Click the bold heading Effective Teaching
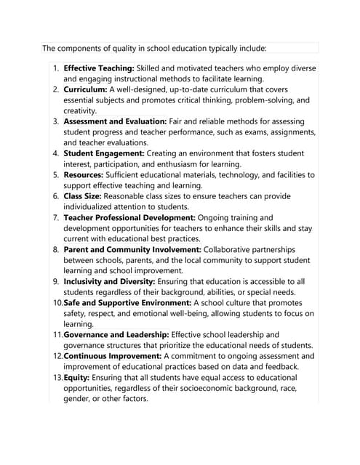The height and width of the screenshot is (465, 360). [98, 68]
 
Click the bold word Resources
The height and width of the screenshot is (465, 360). [84, 174]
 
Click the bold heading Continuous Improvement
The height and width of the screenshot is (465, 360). [113, 356]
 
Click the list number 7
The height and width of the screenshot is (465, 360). [55, 217]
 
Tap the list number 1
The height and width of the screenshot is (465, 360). [55, 68]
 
